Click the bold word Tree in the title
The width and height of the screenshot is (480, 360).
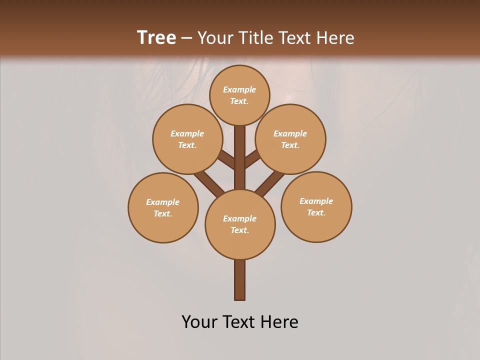pos(156,37)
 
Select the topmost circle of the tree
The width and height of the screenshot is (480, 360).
pos(239,95)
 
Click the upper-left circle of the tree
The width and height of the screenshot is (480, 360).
pos(187,139)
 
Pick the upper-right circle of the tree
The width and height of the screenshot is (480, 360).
pos(290,139)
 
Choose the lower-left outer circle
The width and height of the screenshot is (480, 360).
pos(163,207)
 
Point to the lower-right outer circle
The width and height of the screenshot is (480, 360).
pos(316,206)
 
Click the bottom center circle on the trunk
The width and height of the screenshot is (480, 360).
pos(240,224)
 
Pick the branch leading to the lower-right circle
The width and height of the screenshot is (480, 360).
pos(270,183)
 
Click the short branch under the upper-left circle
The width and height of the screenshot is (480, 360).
pos(226,160)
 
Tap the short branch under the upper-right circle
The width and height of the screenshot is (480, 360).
pos(252,159)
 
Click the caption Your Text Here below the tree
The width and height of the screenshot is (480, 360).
pos(240,322)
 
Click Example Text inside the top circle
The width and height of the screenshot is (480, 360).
pos(239,95)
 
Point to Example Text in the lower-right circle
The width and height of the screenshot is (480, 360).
pos(316,206)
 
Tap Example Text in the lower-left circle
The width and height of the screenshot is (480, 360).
pos(163,207)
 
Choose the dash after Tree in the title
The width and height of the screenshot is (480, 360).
pos(187,38)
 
